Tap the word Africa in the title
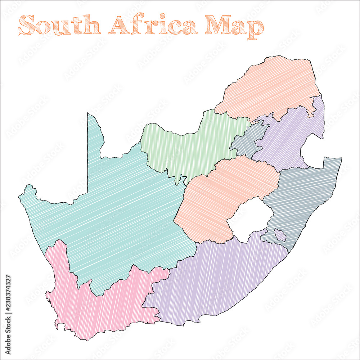pos(153,25)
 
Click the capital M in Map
pos(217,25)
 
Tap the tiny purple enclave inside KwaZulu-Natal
pos(280,235)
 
